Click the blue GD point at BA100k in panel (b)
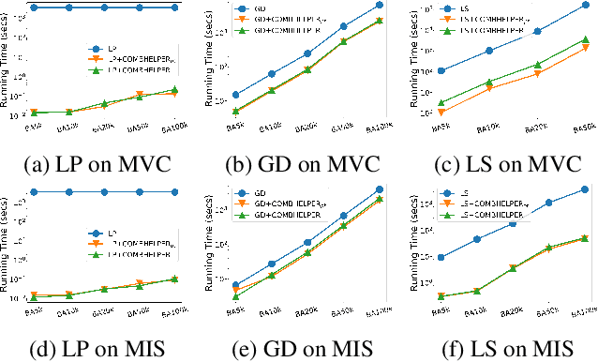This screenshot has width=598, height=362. click(379, 5)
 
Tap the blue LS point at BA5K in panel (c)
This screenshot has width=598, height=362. click(441, 70)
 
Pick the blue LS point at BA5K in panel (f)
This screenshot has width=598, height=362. click(441, 257)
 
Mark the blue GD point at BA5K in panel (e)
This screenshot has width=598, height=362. click(236, 284)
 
